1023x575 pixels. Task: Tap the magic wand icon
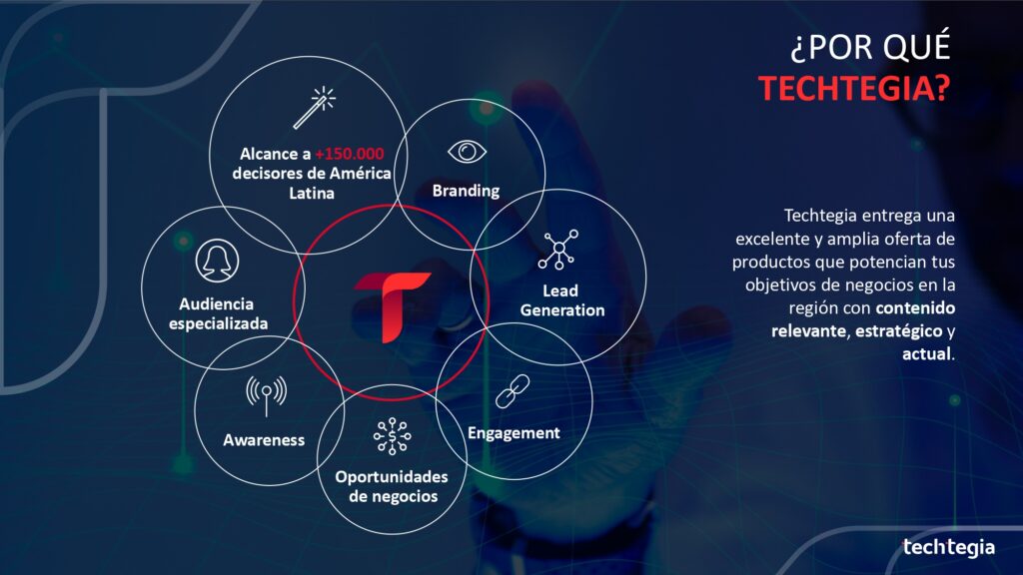pyautogui.click(x=314, y=108)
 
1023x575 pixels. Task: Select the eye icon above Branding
pyautogui.click(x=467, y=152)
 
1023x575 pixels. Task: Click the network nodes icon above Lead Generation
pyautogui.click(x=558, y=250)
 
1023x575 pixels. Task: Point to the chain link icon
pyautogui.click(x=512, y=391)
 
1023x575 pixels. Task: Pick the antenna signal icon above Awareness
pyautogui.click(x=266, y=395)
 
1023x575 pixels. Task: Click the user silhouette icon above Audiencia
pyautogui.click(x=217, y=261)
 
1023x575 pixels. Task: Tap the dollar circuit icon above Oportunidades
pyautogui.click(x=392, y=436)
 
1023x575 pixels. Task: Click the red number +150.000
pyautogui.click(x=349, y=154)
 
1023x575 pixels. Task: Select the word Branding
pyautogui.click(x=466, y=191)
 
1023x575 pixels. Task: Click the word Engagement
pyautogui.click(x=513, y=433)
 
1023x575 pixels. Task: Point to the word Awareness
pyautogui.click(x=264, y=440)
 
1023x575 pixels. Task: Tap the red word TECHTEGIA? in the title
pyautogui.click(x=855, y=88)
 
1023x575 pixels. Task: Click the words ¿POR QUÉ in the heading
pyautogui.click(x=871, y=48)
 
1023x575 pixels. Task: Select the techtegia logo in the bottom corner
pyautogui.click(x=949, y=548)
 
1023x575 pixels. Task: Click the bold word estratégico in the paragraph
pyautogui.click(x=898, y=331)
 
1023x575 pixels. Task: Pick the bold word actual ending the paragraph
pyautogui.click(x=926, y=354)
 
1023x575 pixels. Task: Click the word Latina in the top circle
pyautogui.click(x=312, y=193)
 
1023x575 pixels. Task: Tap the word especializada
pyautogui.click(x=218, y=323)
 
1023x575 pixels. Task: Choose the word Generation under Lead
pyautogui.click(x=562, y=310)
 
